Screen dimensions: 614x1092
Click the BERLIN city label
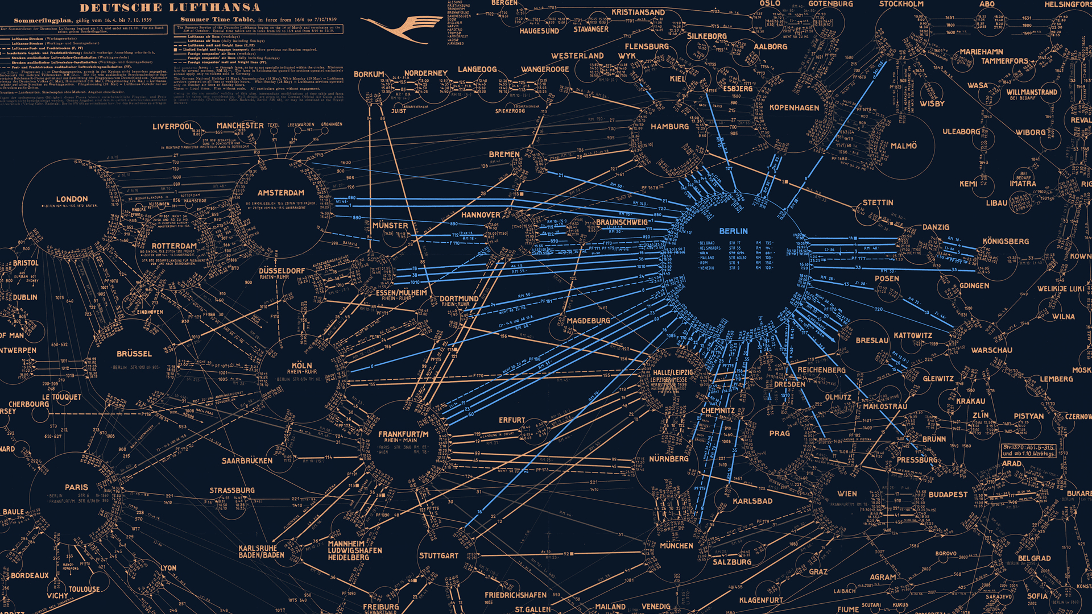coord(733,231)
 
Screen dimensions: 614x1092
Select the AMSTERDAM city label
coord(280,193)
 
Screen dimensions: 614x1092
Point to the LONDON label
coord(72,200)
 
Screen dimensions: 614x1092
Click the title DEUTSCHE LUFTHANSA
coord(170,8)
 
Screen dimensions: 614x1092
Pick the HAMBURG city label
coord(669,127)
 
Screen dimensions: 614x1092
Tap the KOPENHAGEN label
coord(794,108)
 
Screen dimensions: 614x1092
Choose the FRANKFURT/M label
coord(403,434)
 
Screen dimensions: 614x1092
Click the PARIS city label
coord(76,487)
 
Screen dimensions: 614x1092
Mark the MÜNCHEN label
coord(676,546)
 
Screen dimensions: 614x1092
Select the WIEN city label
coord(847,494)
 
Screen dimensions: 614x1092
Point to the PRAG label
coord(779,434)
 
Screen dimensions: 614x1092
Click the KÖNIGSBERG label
coord(1006,242)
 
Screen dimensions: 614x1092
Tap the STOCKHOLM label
coord(901,5)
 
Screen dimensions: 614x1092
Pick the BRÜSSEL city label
coord(134,354)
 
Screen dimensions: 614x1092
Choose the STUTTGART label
coord(439,556)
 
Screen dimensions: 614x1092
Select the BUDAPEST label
coord(948,495)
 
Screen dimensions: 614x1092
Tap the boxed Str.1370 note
coord(1029,450)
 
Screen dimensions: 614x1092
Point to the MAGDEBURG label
coord(588,321)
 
